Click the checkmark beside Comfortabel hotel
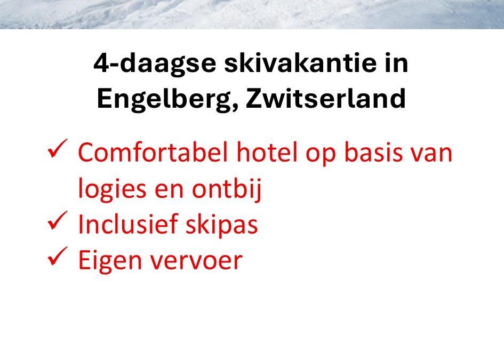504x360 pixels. tap(57, 148)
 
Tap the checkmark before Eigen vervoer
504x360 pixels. tap(57, 256)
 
